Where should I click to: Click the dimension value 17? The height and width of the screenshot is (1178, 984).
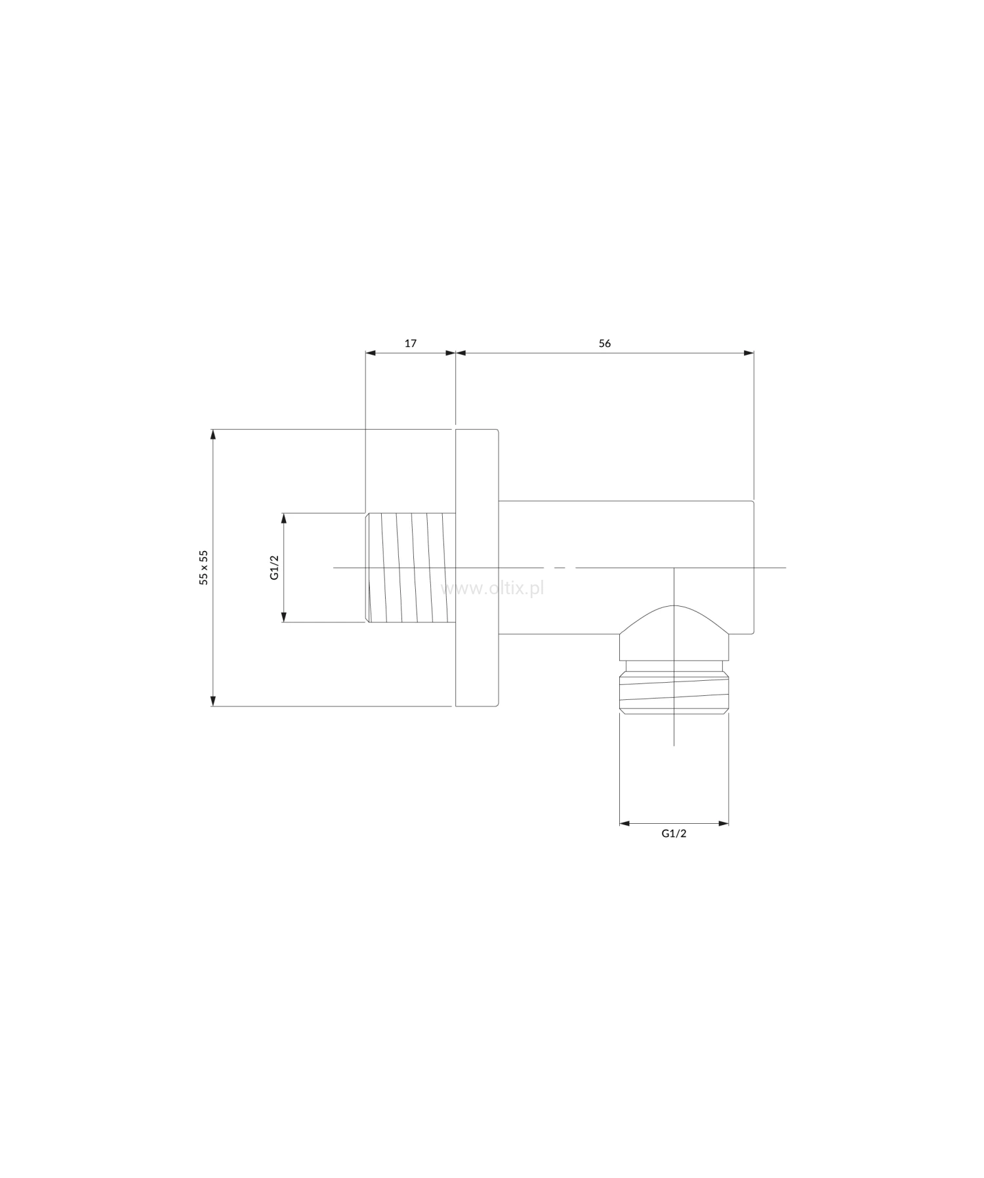pos(410,343)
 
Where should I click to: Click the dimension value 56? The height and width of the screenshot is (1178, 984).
pos(605,343)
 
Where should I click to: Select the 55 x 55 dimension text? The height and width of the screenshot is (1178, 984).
pos(204,567)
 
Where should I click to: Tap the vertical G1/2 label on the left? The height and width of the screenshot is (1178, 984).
pos(275,567)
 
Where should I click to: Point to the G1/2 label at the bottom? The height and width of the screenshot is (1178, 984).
pos(674,834)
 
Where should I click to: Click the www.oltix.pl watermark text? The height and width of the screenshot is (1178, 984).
pos(493,588)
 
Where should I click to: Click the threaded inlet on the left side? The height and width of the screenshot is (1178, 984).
pos(411,567)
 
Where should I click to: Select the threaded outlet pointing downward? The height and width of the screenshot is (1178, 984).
pos(674,691)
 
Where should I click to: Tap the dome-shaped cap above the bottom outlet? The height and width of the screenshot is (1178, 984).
pos(674,632)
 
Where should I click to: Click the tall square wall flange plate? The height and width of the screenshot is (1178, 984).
pos(477,568)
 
